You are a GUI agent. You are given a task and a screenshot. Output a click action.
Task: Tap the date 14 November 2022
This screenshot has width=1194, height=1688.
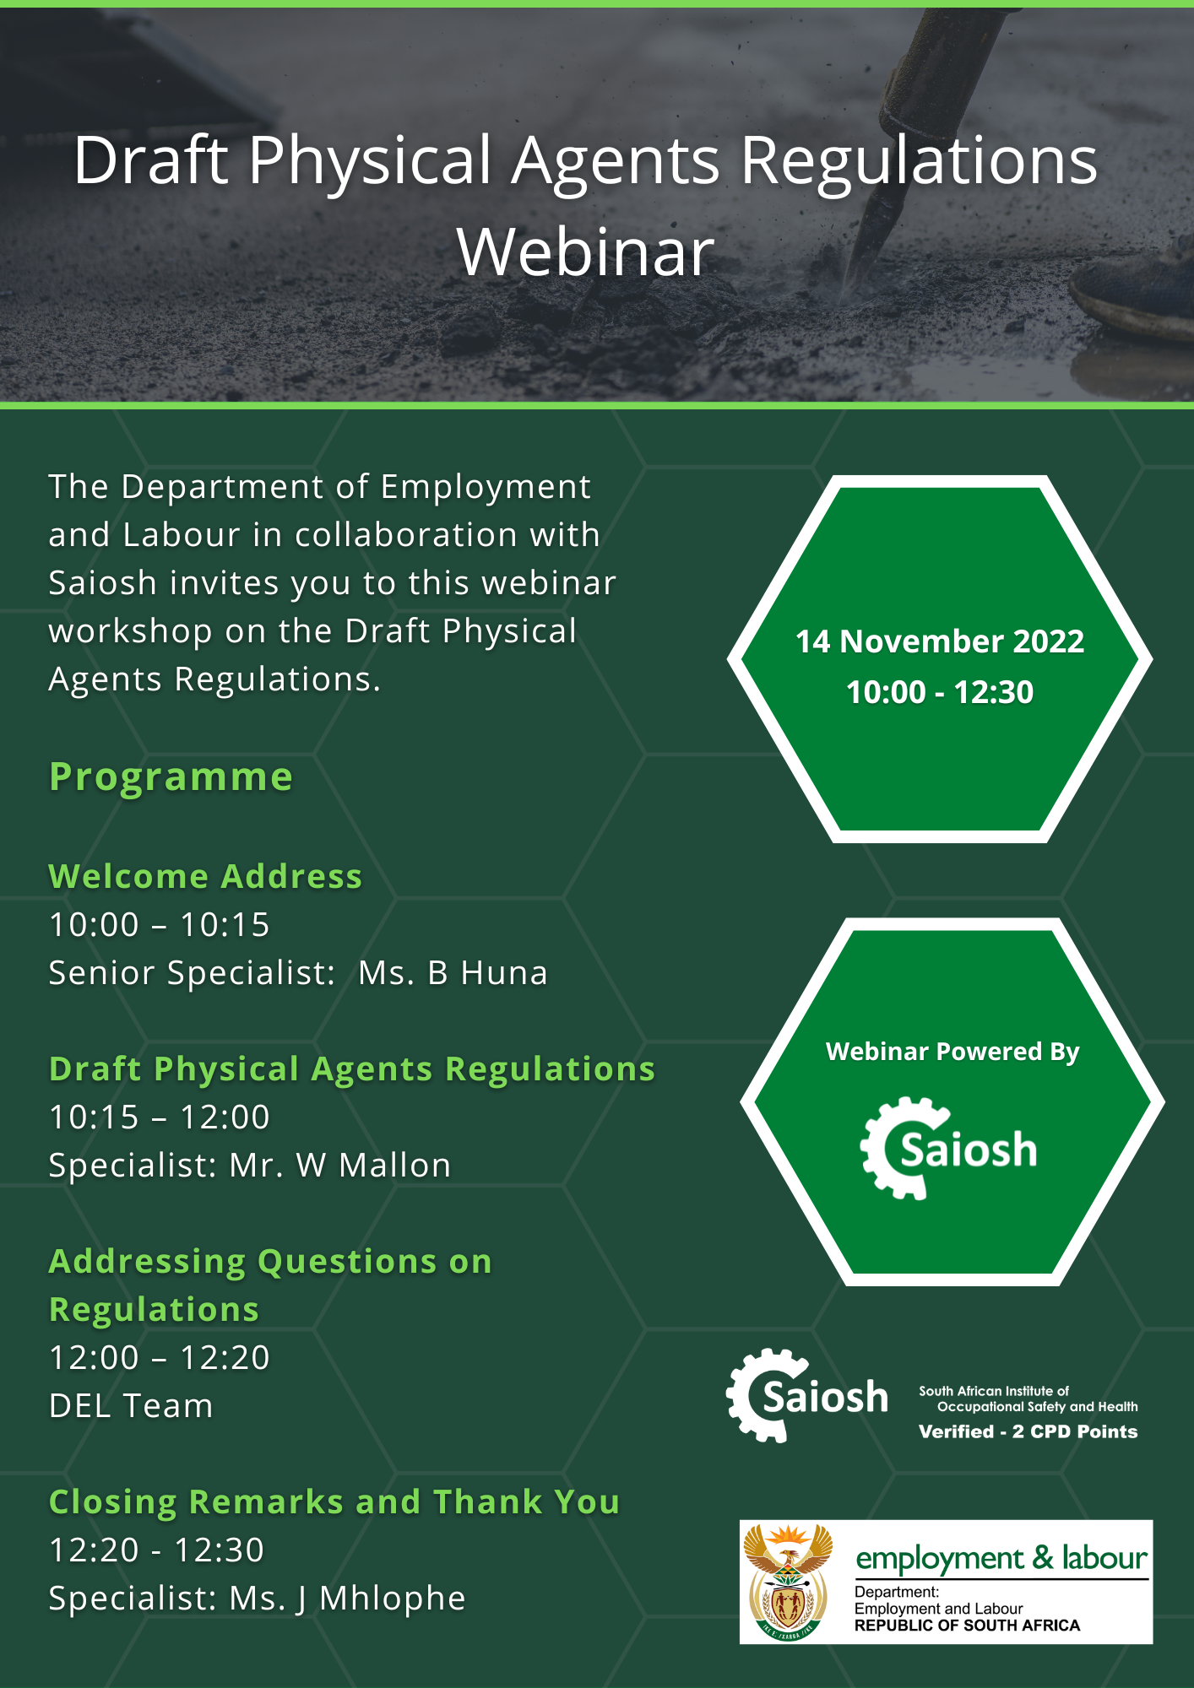tap(940, 641)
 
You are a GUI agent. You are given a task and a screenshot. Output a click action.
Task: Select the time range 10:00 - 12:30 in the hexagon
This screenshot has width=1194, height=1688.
tap(940, 692)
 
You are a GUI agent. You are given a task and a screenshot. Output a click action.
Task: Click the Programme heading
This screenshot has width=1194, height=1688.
tap(171, 777)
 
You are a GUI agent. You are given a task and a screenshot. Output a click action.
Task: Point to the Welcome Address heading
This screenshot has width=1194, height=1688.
tap(205, 876)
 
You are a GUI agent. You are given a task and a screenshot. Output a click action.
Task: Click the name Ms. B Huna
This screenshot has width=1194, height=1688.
tap(453, 972)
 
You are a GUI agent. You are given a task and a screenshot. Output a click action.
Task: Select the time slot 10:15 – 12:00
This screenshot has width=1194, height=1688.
tap(160, 1117)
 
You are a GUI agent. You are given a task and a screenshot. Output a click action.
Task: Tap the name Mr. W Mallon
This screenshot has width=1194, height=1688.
tap(340, 1165)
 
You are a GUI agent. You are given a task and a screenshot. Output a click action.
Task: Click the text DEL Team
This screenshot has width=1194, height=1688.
tap(131, 1405)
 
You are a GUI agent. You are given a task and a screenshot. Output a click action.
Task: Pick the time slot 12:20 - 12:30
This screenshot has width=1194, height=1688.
tap(157, 1550)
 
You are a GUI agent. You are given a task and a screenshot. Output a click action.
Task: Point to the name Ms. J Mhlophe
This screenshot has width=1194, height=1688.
tap(347, 1599)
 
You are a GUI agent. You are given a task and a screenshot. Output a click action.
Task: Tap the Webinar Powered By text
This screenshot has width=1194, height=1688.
tap(952, 1052)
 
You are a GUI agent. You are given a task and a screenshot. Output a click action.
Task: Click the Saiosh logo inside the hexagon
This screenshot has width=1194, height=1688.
tap(948, 1149)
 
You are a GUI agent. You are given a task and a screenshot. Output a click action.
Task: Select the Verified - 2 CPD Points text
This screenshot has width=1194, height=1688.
tap(1028, 1431)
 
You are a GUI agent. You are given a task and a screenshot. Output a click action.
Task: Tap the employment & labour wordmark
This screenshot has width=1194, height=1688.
tap(1001, 1558)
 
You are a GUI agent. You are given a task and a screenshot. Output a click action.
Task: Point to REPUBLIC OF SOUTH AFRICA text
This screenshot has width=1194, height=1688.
tap(967, 1626)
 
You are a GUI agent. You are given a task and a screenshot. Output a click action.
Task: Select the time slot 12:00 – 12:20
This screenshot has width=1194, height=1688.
tap(160, 1357)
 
